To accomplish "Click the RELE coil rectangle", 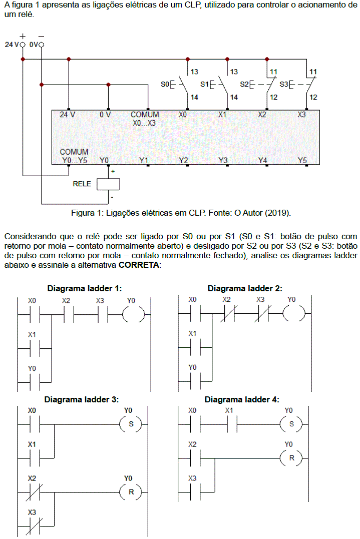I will [x=108, y=184].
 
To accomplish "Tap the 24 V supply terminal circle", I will [x=23, y=45].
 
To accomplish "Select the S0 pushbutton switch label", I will [x=165, y=84].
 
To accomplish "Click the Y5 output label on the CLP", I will [x=301, y=160].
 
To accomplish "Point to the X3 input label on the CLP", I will [x=301, y=115].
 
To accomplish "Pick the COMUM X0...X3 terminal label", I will [x=144, y=119].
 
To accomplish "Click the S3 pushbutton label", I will [x=284, y=84].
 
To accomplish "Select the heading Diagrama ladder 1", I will [x=85, y=289].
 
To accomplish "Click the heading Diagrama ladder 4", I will [x=242, y=400].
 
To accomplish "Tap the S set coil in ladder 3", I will [x=132, y=424].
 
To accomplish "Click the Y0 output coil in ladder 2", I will [x=292, y=314].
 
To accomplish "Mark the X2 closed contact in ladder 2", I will [x=227, y=314].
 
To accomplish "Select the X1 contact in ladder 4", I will [x=230, y=424].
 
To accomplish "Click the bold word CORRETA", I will [x=139, y=265].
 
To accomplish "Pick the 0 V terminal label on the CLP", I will [x=105, y=115].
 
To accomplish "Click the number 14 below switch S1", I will [x=234, y=97].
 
